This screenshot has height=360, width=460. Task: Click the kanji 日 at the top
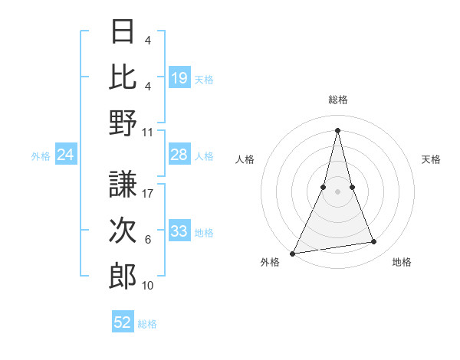click(123, 31)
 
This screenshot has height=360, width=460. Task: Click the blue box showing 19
click(179, 77)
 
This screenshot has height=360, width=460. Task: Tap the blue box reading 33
click(179, 231)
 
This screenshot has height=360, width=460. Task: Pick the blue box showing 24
click(66, 155)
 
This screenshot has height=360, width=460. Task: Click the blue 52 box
click(123, 322)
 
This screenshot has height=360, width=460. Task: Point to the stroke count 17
click(148, 194)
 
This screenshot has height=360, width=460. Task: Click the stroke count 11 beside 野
click(148, 132)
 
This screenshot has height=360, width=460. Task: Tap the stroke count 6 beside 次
click(148, 240)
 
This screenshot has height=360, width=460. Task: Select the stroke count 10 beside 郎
click(148, 286)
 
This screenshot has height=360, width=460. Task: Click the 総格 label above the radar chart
click(337, 100)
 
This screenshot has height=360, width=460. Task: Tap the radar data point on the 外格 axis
click(292, 253)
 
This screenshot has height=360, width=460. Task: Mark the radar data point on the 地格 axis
click(374, 242)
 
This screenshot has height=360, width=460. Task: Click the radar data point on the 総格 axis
click(337, 129)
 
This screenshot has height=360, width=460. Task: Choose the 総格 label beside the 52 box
click(147, 324)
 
